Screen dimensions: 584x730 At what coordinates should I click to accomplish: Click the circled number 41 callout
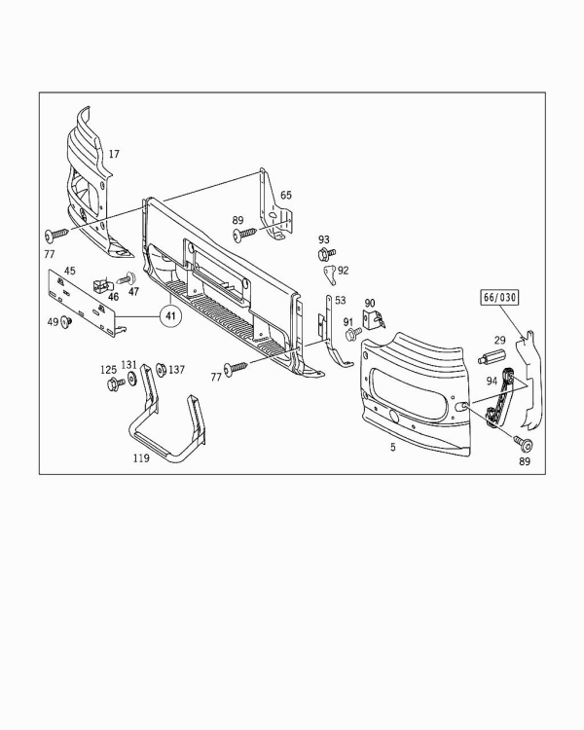171,316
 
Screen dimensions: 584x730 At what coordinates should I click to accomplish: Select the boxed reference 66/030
499,298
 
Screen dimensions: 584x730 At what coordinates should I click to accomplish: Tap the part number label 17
114,154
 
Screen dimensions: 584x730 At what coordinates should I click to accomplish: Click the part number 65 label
286,195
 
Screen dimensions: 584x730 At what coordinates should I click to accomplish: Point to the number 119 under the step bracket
141,458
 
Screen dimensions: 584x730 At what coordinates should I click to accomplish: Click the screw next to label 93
326,254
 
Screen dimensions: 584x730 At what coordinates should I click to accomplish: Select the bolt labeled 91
353,333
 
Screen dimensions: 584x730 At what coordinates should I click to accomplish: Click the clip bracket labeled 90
374,319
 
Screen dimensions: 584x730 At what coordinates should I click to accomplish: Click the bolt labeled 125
116,384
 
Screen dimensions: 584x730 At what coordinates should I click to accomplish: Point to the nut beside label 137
162,370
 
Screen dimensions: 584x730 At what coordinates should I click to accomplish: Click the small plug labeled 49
66,321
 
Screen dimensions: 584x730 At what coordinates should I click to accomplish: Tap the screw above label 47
127,279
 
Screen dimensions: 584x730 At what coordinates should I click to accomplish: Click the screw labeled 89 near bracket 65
244,234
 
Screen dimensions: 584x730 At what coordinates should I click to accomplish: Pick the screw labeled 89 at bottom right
524,444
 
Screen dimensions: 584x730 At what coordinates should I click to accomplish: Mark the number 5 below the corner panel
393,447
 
